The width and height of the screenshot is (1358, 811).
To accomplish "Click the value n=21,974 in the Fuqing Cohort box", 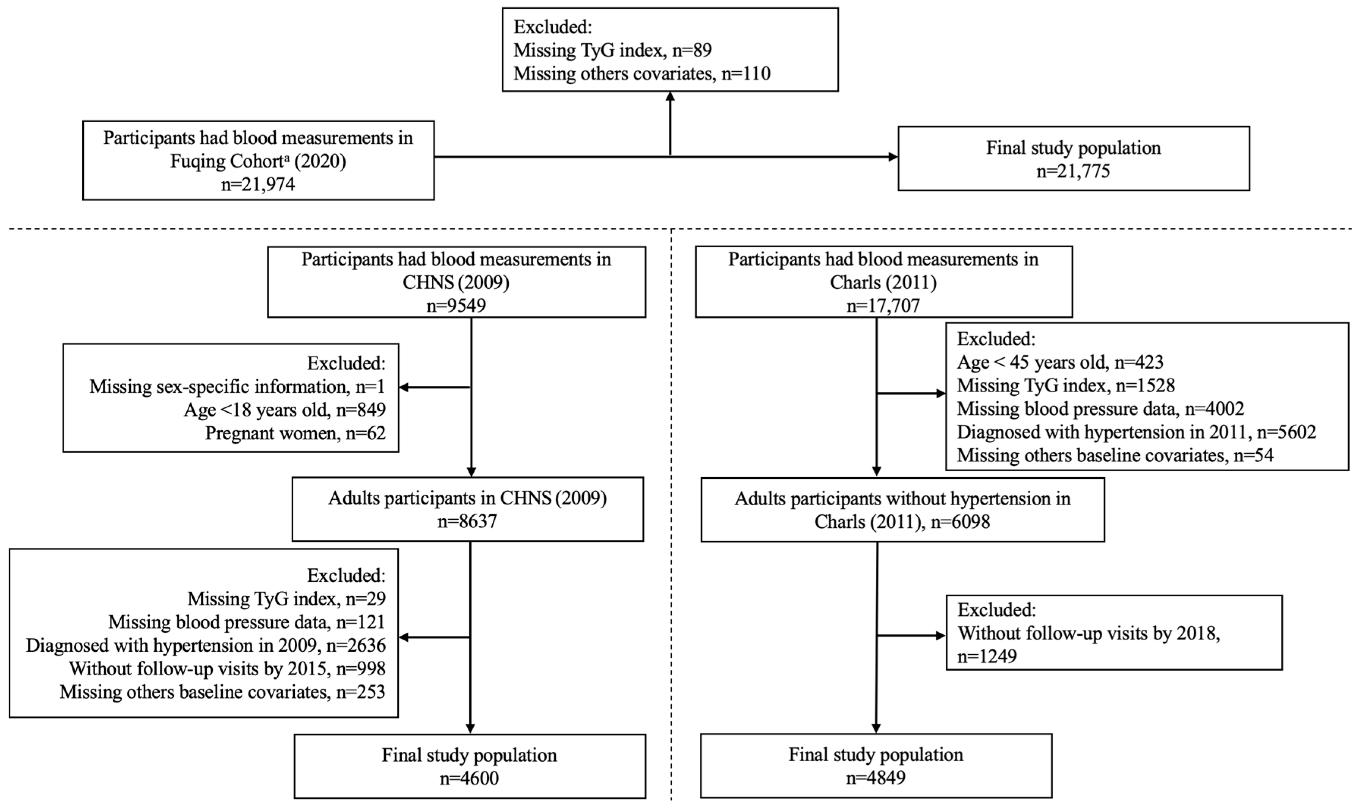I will [x=258, y=184].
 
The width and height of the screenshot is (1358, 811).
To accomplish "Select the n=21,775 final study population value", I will [x=1073, y=171].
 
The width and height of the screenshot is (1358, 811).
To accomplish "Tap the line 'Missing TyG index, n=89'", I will [x=612, y=50].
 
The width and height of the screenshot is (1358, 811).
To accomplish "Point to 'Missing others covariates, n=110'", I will [x=641, y=73].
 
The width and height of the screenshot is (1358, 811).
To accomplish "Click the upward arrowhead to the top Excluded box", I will [x=670, y=97].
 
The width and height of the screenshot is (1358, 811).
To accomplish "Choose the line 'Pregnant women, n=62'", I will [x=295, y=433].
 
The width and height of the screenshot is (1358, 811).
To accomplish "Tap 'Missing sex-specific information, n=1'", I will [x=237, y=387].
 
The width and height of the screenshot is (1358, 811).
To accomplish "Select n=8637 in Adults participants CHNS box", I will [x=467, y=521].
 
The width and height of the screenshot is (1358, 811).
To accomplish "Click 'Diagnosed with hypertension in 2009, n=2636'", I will [x=206, y=645].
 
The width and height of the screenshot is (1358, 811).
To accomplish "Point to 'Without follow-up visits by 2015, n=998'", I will [x=227, y=668].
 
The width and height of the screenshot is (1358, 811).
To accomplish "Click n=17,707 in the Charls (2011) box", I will [x=883, y=305].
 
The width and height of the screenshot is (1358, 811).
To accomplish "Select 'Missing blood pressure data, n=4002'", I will [x=1100, y=409].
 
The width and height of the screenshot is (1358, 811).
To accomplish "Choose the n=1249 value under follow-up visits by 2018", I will [x=987, y=656].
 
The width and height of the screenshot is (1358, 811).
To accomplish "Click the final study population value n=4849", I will [x=875, y=777].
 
